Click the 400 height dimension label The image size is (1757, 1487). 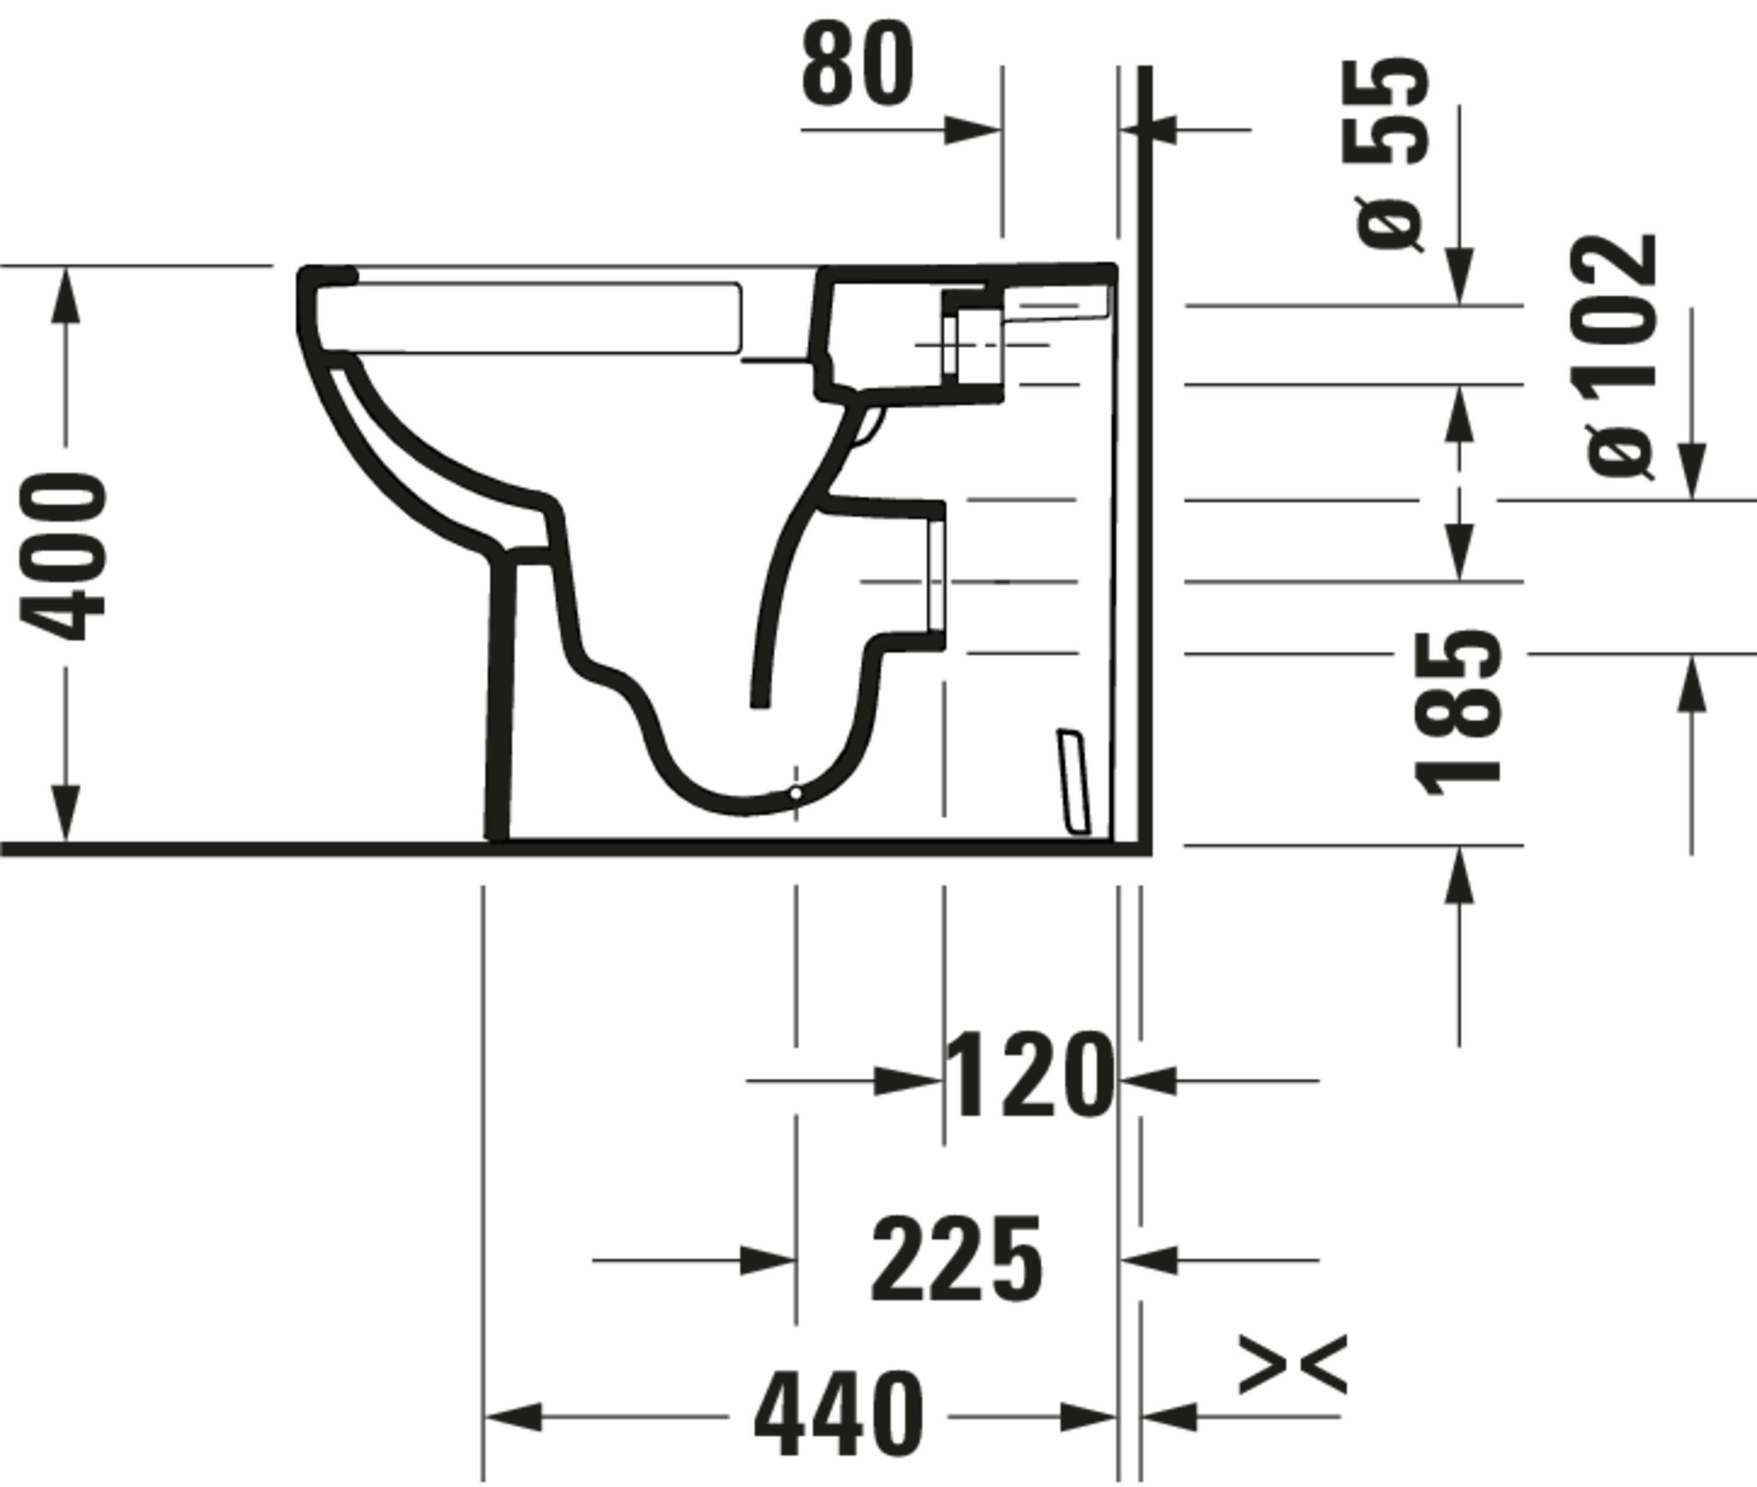click(x=63, y=556)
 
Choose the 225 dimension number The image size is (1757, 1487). click(x=956, y=1259)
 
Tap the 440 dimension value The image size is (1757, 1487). click(x=838, y=1414)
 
